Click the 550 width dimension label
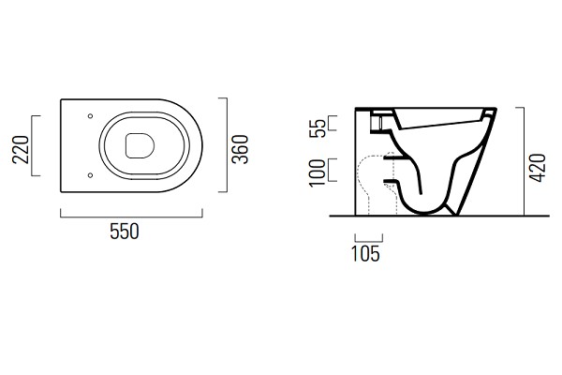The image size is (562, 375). [125, 232]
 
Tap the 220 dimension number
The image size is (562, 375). [21, 150]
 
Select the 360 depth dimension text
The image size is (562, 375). [240, 149]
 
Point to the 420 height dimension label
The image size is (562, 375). [538, 168]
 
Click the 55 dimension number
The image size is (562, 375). [318, 127]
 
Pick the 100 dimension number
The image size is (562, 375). [318, 172]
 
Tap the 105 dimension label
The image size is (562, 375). [365, 254]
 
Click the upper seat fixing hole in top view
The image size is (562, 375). [90, 116]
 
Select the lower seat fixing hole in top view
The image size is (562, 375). [90, 175]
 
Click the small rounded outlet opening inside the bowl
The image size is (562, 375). [140, 146]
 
